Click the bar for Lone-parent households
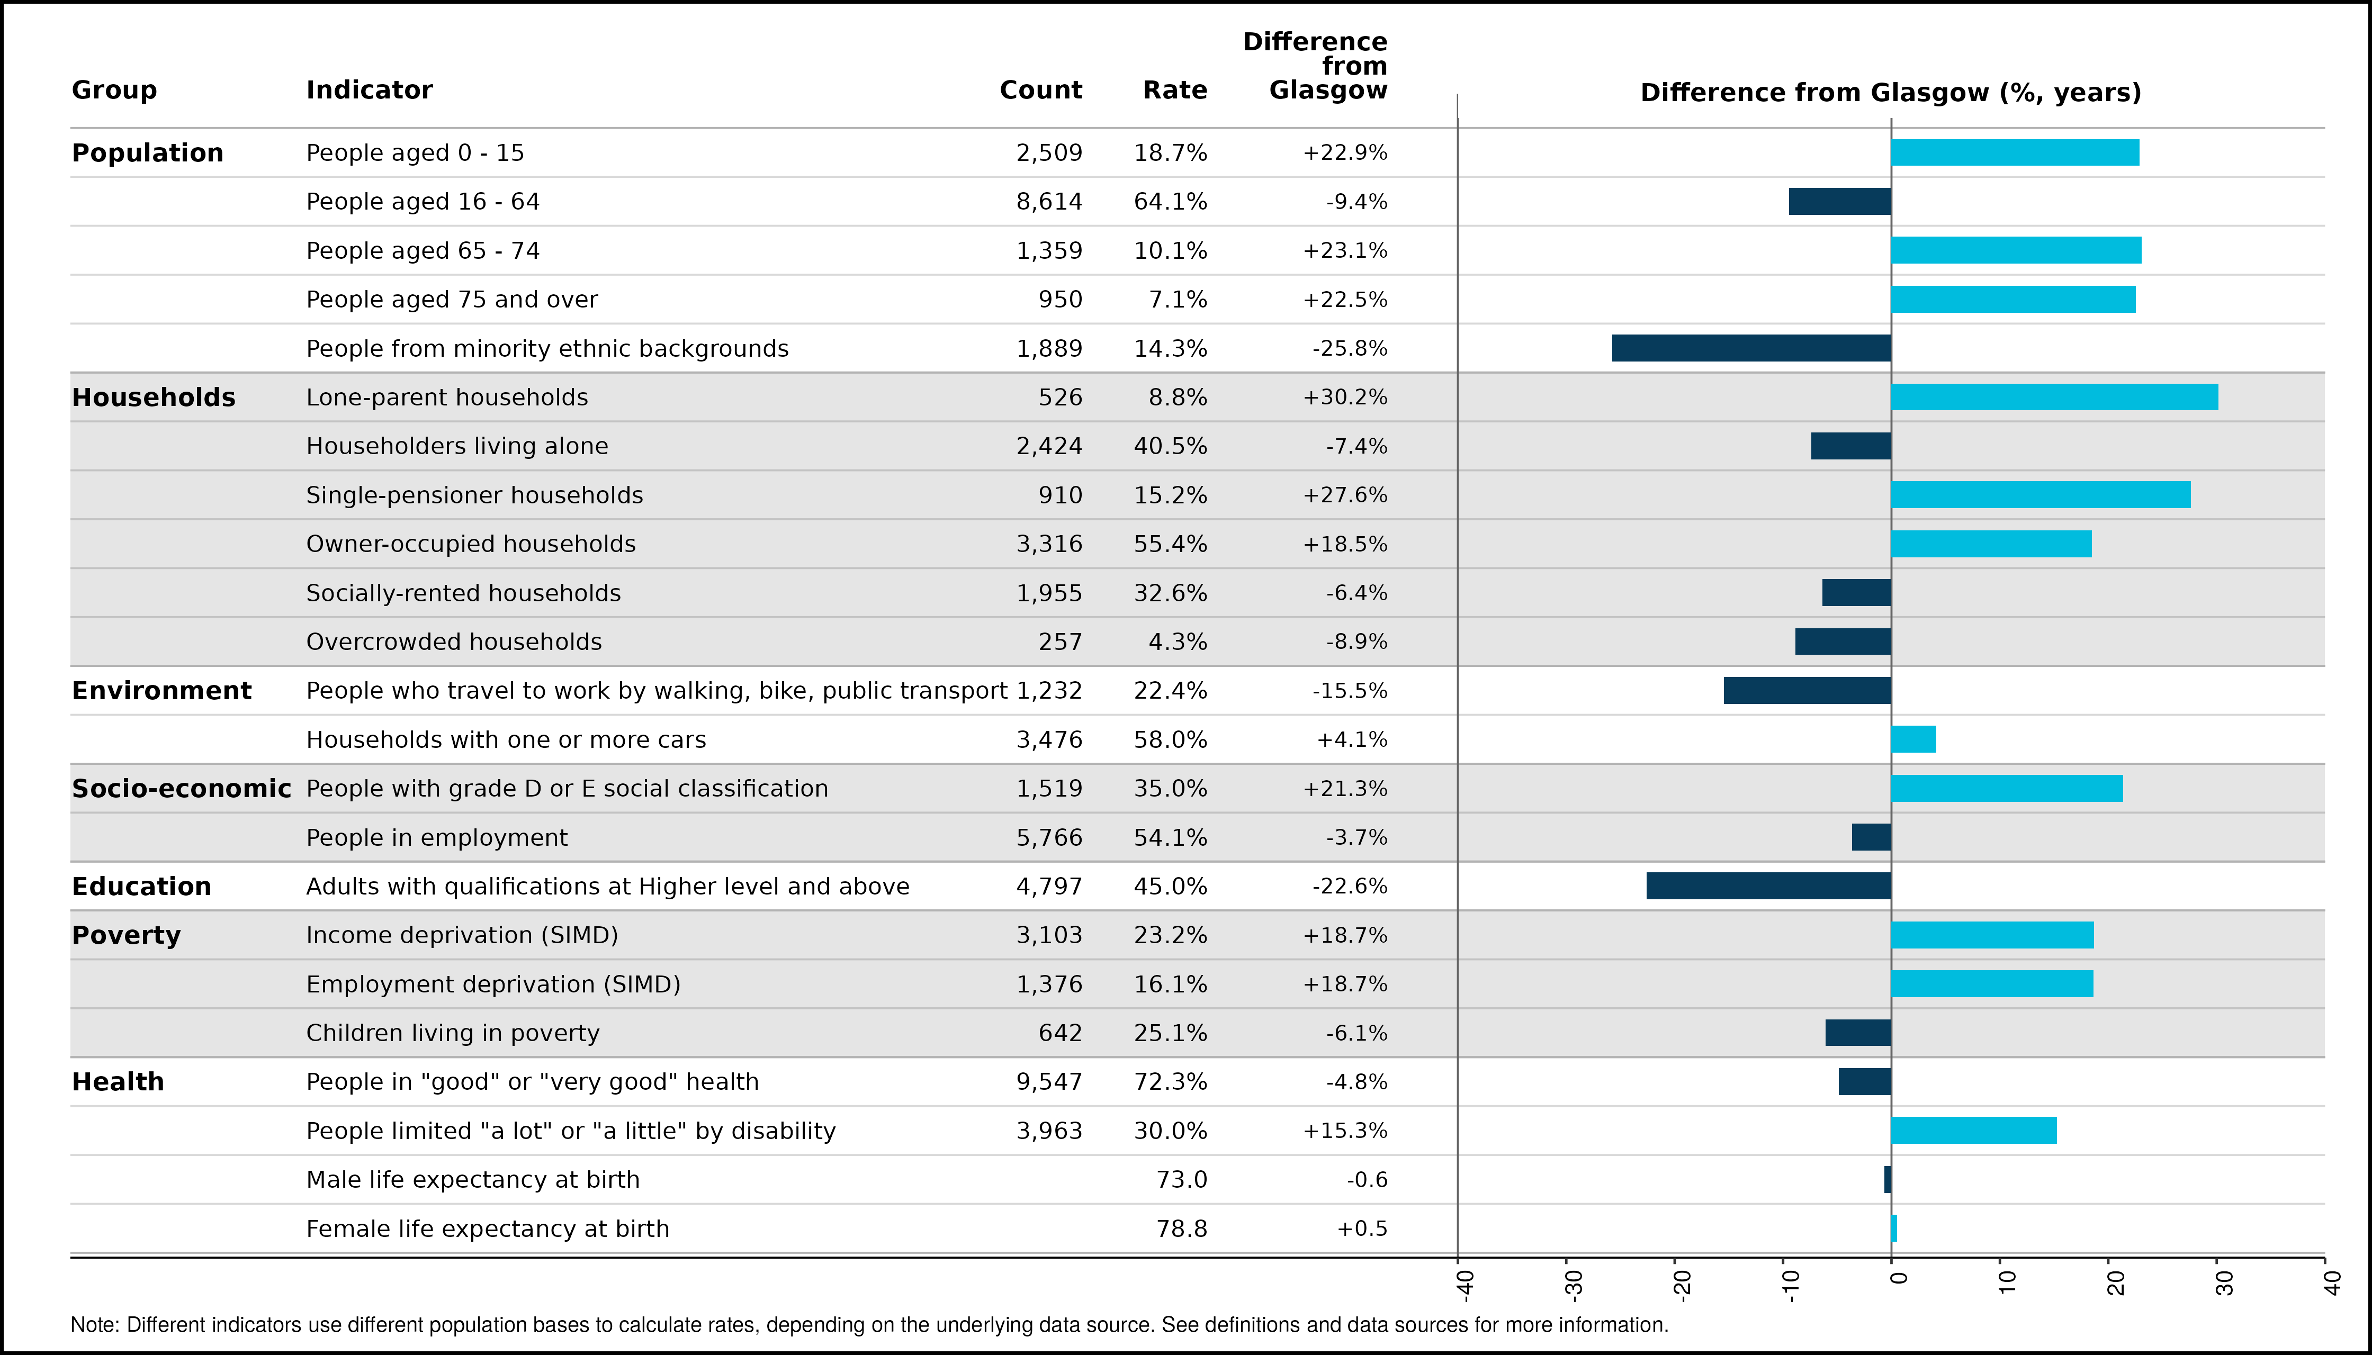(2054, 398)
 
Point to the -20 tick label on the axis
(1681, 1284)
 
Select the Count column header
(1041, 91)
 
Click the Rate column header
(1175, 91)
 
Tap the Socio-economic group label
(182, 788)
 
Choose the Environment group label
(162, 691)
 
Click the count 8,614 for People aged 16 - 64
(1049, 202)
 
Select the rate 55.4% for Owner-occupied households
(1170, 545)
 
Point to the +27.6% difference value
(1345, 495)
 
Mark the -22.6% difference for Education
(1350, 886)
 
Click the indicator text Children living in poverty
(453, 1033)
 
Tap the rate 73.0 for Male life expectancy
(1181, 1180)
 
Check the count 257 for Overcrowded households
(1061, 642)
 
